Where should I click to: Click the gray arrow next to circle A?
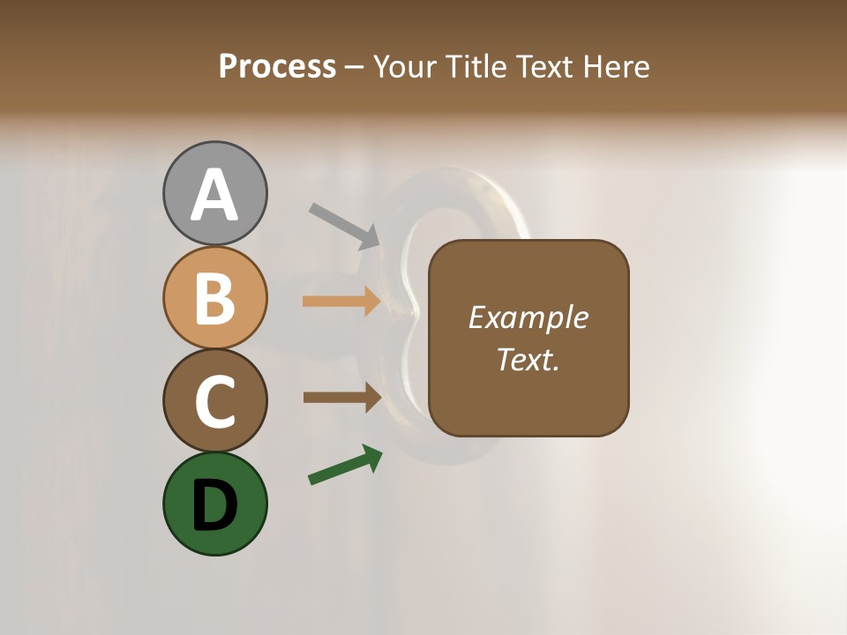tap(344, 226)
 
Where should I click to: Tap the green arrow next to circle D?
tap(345, 465)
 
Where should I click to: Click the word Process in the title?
tap(277, 67)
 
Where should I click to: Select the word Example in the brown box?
tap(528, 317)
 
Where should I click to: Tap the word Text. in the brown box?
tap(528, 359)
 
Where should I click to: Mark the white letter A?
tap(214, 196)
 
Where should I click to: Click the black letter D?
tap(214, 505)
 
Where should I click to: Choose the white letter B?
tap(214, 298)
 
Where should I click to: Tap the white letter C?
tap(214, 401)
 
